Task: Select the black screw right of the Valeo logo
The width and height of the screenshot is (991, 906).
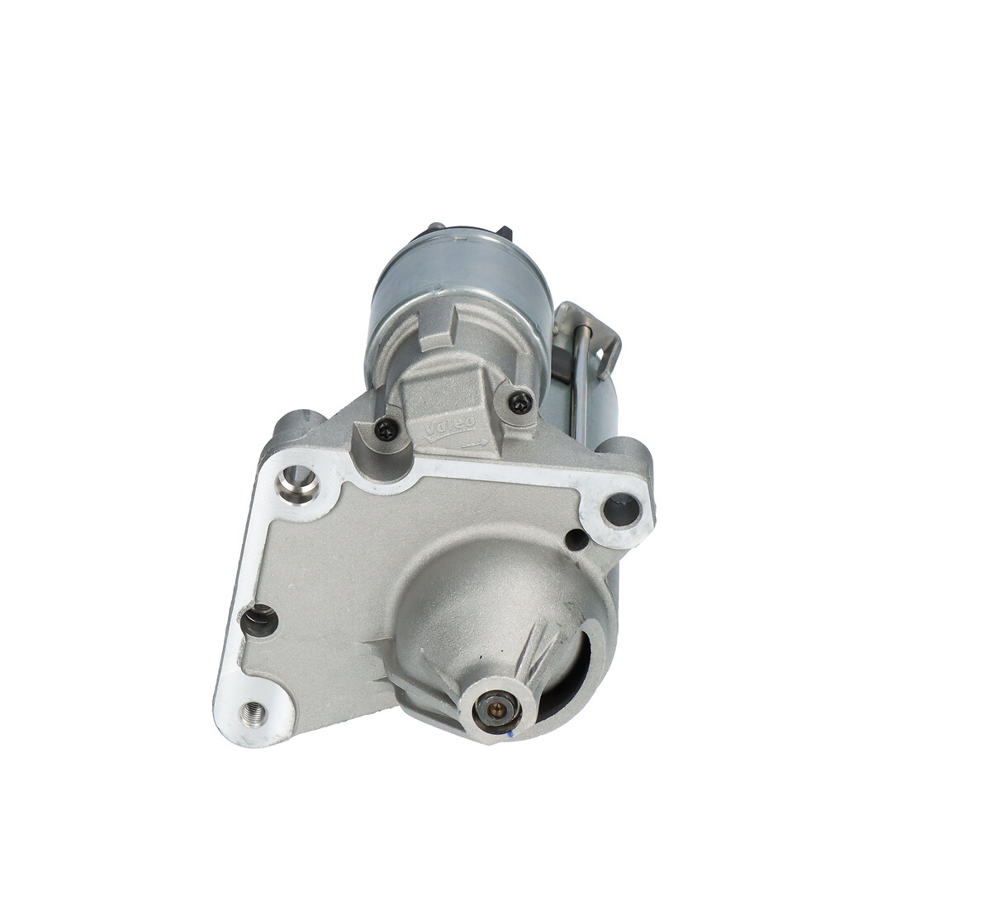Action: (x=519, y=403)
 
